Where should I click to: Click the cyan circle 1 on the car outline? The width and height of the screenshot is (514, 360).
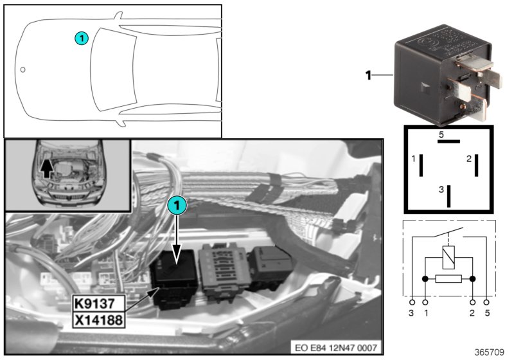80,38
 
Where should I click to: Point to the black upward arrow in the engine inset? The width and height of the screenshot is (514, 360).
45,168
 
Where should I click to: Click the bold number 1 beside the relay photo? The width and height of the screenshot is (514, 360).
369,76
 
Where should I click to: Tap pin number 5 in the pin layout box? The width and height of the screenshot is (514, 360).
441,134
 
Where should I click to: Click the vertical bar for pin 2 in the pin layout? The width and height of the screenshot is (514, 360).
476,165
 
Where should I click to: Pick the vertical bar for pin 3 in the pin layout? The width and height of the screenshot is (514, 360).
449,195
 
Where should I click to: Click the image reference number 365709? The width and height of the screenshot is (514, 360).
489,352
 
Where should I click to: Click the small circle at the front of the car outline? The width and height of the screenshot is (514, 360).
22,69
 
